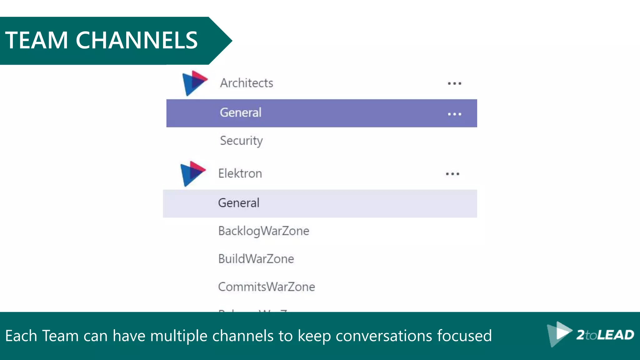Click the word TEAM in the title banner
tap(37, 40)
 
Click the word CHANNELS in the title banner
tap(137, 40)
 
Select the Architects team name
tap(247, 83)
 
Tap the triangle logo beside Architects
tap(194, 83)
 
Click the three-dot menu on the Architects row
tap(454, 83)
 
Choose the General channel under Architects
tap(241, 113)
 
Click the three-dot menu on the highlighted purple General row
tap(454, 114)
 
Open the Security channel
tap(241, 141)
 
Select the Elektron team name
tap(240, 173)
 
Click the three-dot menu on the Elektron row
tap(452, 174)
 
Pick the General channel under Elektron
tap(239, 203)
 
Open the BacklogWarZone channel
tap(264, 231)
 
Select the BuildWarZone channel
tap(256, 259)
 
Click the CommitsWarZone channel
tap(267, 287)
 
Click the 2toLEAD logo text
tap(605, 335)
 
